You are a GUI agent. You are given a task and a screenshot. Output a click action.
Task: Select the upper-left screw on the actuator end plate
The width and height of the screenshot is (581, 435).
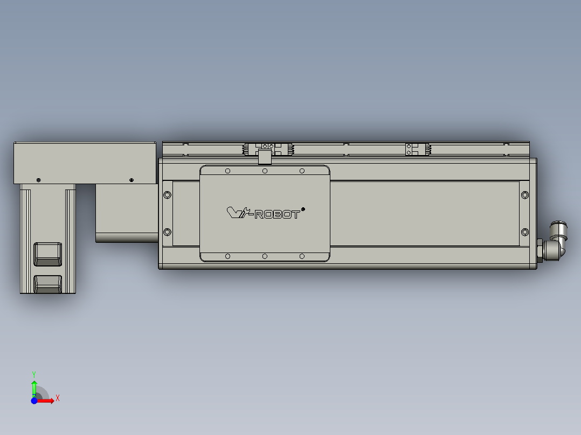point(168,195)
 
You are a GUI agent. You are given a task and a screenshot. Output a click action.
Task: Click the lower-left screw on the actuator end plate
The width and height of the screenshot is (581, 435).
point(168,232)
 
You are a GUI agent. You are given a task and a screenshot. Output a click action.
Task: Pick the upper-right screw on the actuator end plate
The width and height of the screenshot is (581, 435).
point(525,195)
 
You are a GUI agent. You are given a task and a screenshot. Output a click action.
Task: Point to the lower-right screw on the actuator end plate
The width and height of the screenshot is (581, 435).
point(525,232)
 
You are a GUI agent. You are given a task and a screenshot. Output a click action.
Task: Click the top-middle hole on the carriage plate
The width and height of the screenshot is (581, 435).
point(265,171)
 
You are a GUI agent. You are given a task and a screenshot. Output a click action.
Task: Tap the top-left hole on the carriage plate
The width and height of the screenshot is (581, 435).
point(227,171)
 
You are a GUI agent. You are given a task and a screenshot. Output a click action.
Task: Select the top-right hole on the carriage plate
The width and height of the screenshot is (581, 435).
point(302,171)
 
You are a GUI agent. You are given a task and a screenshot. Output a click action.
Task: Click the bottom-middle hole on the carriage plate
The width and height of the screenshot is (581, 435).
point(265,256)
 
